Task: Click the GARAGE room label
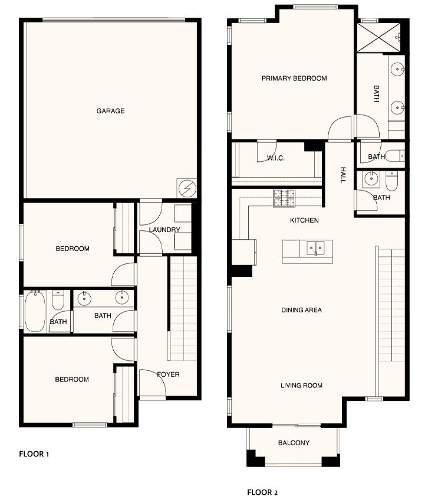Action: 111,111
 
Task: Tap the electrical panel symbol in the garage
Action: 186,188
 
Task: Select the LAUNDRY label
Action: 164,230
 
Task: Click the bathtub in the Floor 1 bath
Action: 35,311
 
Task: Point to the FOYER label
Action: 168,374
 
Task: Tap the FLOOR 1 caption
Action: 34,454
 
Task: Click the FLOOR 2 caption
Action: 262,492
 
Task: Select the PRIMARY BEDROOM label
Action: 294,79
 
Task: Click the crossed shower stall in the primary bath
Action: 378,37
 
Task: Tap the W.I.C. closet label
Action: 275,158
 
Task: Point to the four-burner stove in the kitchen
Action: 284,198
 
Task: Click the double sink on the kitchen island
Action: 315,248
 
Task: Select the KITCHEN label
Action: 304,220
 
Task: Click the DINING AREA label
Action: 301,310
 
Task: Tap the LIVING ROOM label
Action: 301,386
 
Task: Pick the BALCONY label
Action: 294,443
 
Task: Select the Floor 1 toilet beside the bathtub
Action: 58,300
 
